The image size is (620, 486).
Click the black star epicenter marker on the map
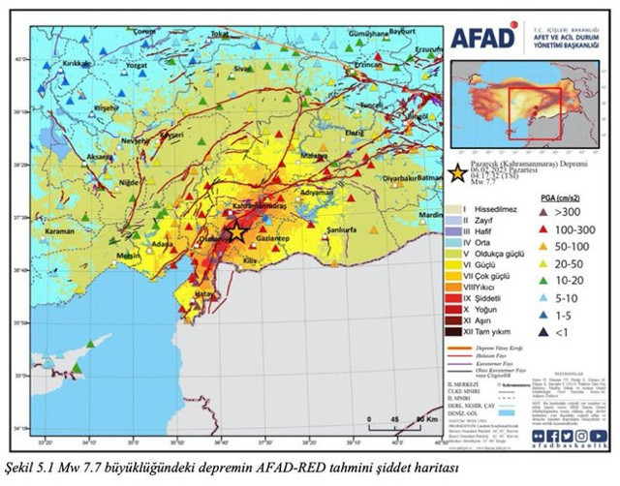[235, 232]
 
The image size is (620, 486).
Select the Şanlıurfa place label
[343, 230]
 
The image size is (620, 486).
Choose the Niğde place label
[117, 181]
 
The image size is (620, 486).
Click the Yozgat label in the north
[137, 68]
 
